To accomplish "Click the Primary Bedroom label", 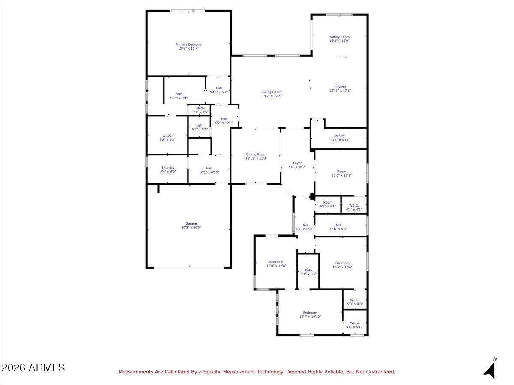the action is point(189,44).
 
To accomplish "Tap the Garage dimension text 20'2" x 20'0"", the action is point(191,228).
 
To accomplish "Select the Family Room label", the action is point(339,37).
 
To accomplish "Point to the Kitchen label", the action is point(340,86).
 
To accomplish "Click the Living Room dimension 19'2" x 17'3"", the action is point(272,96).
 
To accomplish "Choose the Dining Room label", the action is point(256,154).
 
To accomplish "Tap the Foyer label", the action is point(297,163).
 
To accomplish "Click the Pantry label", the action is point(340,136).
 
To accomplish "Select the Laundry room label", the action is point(168,168).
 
